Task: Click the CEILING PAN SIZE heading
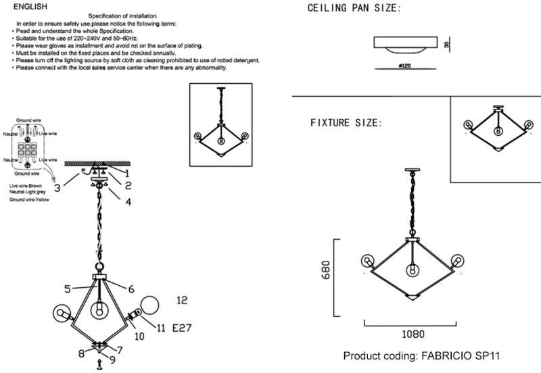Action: [354, 9]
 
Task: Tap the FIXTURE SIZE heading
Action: [346, 123]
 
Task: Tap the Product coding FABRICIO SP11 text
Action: [422, 355]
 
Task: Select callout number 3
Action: [58, 187]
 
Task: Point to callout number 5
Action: [68, 289]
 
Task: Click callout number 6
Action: [131, 289]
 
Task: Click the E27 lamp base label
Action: [183, 328]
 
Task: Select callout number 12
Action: [181, 300]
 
